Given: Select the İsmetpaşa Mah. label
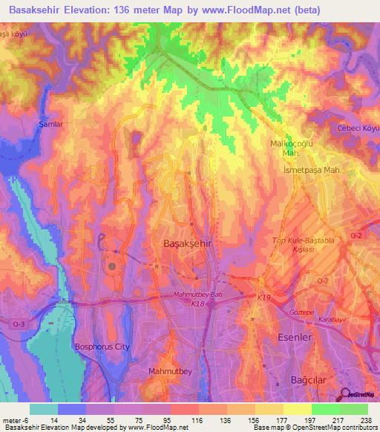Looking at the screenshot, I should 312,170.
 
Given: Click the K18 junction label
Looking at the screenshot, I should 197,304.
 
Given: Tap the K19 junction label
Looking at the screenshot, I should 264,298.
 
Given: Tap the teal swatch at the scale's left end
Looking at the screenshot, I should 44,409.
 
